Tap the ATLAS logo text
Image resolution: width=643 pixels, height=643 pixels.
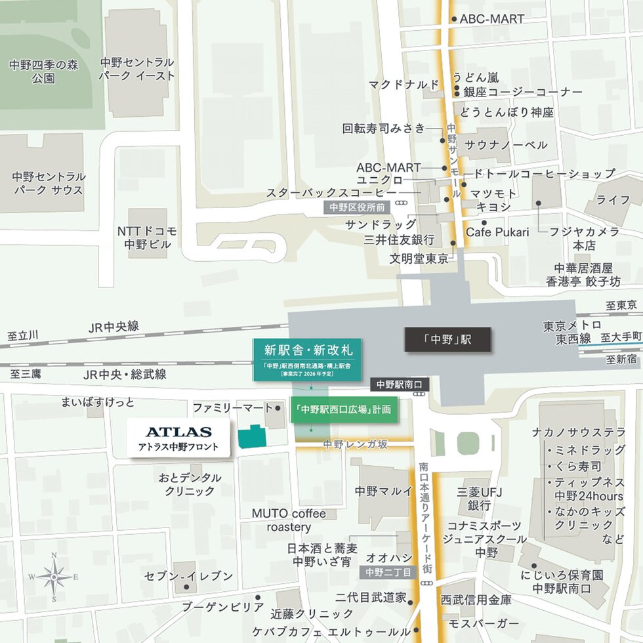pos(178,432)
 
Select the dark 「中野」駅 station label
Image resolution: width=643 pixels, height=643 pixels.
pos(447,339)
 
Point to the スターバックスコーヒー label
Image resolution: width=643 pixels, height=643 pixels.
pos(331,193)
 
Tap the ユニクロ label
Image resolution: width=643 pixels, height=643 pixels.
pos(380,179)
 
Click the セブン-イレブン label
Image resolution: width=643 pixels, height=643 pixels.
pos(189,576)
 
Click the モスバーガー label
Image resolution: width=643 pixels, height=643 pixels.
pos(483,623)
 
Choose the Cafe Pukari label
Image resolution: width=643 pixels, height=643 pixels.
pos(497,232)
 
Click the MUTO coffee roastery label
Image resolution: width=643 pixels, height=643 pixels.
pos(289,520)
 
